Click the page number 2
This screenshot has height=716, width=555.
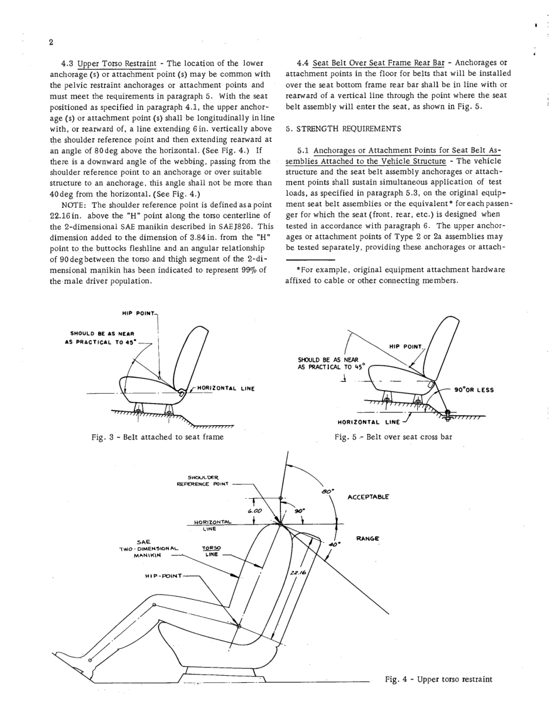(51, 42)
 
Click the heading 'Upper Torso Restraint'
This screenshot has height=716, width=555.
(117, 63)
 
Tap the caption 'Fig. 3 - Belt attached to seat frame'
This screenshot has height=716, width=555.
(157, 436)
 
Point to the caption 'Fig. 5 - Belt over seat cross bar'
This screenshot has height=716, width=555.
(393, 436)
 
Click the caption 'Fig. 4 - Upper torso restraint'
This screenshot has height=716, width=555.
(438, 679)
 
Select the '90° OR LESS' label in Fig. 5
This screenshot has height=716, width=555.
(474, 390)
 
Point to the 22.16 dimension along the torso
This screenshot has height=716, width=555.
(297, 574)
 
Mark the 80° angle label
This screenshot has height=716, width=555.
(327, 492)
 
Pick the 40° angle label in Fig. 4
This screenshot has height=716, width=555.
(334, 544)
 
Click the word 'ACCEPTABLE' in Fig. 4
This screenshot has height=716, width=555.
(368, 497)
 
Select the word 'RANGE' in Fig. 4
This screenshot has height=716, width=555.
(367, 538)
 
